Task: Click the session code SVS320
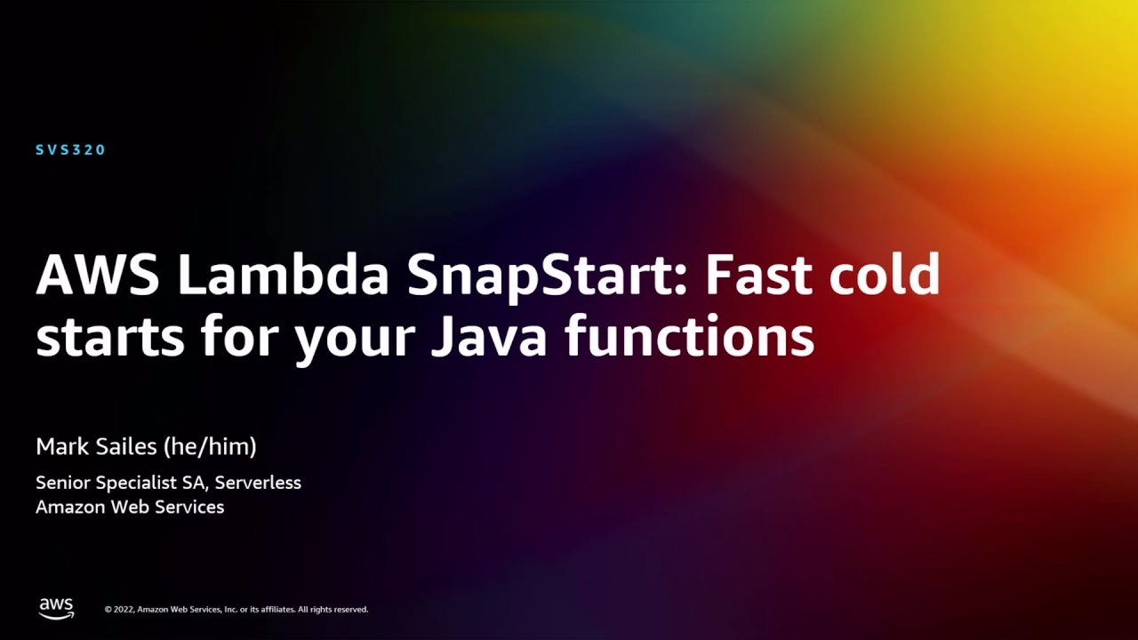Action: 71,150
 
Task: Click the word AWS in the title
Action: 98,276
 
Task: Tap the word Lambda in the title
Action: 283,276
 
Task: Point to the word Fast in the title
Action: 760,276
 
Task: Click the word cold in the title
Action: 885,276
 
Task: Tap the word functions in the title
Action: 690,337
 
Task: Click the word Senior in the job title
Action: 60,483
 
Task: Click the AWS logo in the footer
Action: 56,608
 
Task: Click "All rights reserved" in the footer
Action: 333,610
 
